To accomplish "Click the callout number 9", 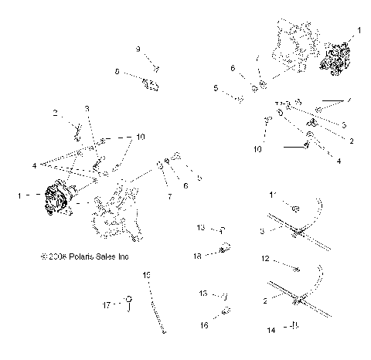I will tap(138, 49).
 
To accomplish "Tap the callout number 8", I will tap(118, 73).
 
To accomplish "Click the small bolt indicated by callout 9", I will tap(155, 67).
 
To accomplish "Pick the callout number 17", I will tap(117, 304).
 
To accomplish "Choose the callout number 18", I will tap(198, 254).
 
